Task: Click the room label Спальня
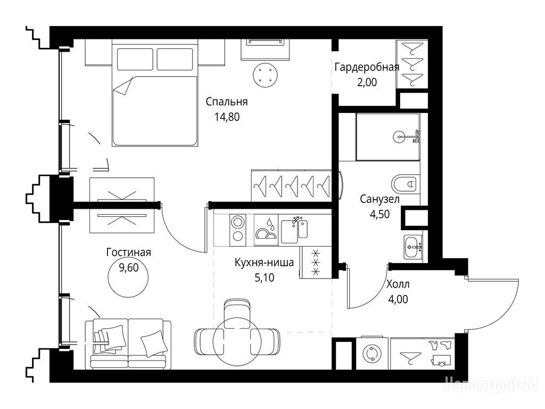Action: [226, 102]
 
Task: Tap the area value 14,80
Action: [227, 117]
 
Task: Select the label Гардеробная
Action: [367, 67]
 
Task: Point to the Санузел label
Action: [379, 199]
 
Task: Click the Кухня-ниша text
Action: [264, 262]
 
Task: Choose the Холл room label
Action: [398, 284]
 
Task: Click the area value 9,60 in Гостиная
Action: [129, 267]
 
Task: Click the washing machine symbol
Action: [372, 354]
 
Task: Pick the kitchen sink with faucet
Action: [294, 230]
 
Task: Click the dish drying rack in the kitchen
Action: [266, 230]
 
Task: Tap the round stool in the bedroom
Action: [266, 75]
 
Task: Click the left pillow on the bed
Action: [135, 59]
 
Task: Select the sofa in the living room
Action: [128, 343]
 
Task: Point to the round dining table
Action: [237, 341]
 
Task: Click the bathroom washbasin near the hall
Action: [413, 247]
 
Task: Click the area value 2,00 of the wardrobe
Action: [367, 83]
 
